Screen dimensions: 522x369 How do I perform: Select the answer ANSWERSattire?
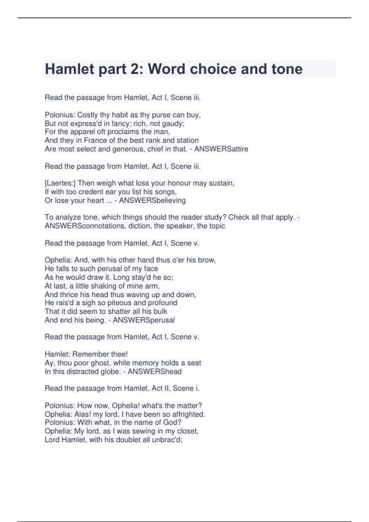pyautogui.click(x=221, y=149)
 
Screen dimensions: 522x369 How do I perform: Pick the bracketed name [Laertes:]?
pyautogui.click(x=60, y=183)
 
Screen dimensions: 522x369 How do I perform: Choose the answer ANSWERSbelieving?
pyautogui.click(x=152, y=201)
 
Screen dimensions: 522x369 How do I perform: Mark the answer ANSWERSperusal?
pyautogui.click(x=144, y=320)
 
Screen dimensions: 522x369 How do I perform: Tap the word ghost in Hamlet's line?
pyautogui.click(x=98, y=363)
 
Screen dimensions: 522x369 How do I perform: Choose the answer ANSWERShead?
pyautogui.click(x=154, y=372)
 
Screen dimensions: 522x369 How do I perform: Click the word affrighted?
pyautogui.click(x=187, y=415)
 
